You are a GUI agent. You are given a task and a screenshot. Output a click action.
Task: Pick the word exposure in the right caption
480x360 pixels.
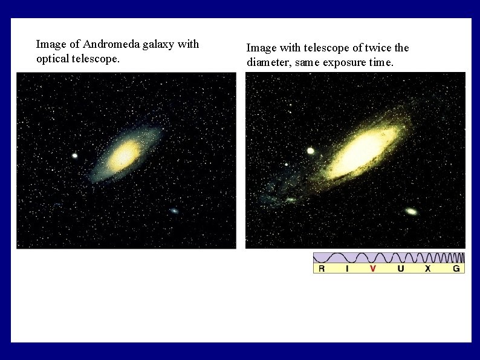coord(344,63)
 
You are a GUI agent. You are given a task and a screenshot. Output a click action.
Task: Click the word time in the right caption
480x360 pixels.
coord(382,63)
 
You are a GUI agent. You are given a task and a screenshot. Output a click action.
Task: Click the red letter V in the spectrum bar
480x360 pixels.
coord(372,268)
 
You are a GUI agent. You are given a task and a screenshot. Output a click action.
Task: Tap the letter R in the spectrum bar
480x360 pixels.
coord(322,268)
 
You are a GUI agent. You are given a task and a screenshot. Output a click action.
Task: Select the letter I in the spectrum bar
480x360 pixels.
coord(347,268)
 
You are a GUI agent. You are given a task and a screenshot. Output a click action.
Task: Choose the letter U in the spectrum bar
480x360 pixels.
coord(401,268)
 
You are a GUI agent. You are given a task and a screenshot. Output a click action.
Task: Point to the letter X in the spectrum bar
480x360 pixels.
coord(427,268)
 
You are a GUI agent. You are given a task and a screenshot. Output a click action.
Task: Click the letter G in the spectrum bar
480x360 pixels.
coord(456,268)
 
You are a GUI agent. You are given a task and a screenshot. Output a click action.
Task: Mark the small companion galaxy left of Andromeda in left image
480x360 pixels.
coord(75,155)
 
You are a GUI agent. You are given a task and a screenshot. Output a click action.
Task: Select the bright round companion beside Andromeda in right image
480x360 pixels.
coord(311,151)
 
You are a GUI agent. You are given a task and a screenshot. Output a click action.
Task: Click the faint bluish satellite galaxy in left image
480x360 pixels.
coord(174,211)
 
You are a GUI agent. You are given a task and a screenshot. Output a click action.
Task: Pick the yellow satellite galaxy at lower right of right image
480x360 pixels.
coord(411,212)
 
